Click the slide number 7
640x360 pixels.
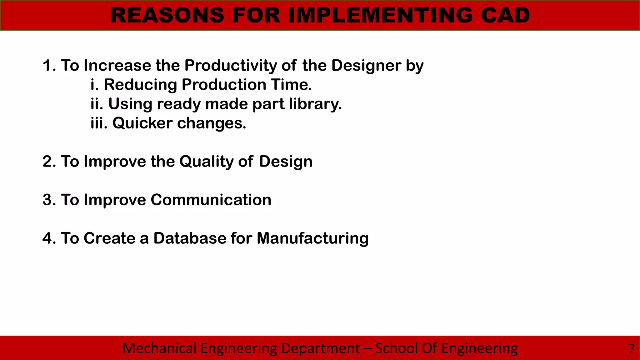point(631,348)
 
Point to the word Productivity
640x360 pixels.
point(231,66)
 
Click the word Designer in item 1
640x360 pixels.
point(366,66)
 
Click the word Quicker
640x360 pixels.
point(142,123)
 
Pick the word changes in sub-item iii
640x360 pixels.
point(212,123)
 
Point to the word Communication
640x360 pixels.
point(211,200)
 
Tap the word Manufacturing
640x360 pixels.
point(312,238)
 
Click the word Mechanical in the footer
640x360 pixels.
point(159,348)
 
